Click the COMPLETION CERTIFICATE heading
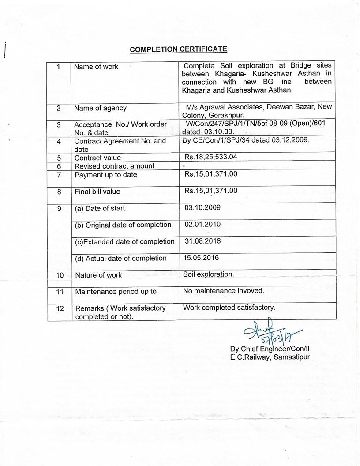click(178, 49)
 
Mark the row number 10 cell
click(60, 275)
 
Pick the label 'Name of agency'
click(100, 108)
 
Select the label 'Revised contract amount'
click(114, 166)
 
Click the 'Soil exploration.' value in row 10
click(209, 274)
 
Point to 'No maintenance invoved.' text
click(223, 291)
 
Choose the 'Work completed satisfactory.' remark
click(229, 307)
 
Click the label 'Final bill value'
click(97, 192)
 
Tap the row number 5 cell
click(59, 158)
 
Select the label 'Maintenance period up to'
click(116, 292)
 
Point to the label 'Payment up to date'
click(105, 175)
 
